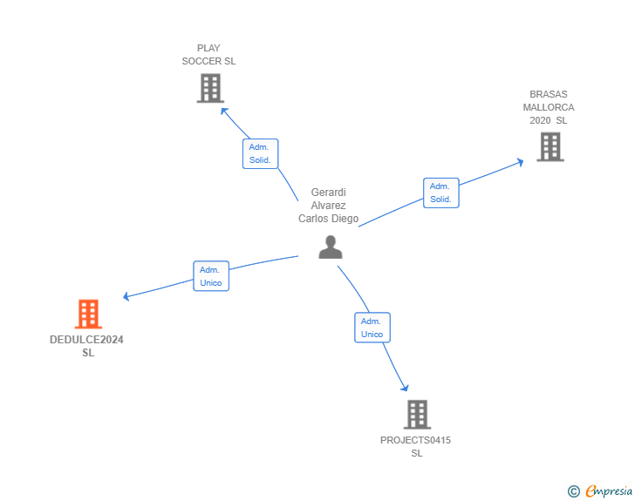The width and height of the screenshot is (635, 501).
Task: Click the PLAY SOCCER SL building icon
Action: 210,88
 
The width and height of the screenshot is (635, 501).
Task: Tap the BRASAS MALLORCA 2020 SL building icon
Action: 550,146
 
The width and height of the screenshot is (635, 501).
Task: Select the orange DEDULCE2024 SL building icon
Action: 88,314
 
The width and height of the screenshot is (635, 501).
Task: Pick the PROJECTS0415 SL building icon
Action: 417,414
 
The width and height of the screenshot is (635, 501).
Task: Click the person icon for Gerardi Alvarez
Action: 330,247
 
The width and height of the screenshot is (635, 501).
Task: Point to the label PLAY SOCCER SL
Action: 208,55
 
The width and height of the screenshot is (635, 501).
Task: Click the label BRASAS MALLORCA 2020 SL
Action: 549,107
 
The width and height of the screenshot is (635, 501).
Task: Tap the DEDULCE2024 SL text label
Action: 87,346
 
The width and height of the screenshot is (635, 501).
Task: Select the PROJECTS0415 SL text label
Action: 416,446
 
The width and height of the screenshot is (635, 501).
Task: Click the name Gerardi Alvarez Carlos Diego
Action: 328,206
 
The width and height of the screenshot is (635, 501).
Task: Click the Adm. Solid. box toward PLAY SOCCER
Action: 260,153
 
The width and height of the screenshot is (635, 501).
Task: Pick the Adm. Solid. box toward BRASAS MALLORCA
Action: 440,193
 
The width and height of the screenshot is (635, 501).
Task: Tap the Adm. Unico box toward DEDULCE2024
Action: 211,276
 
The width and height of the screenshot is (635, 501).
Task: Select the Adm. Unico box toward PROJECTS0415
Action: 372,328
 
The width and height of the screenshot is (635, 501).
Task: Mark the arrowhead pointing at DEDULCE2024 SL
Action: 127,296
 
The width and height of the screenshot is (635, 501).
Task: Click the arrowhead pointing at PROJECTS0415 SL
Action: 404,387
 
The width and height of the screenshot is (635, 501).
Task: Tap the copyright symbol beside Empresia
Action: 573,491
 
